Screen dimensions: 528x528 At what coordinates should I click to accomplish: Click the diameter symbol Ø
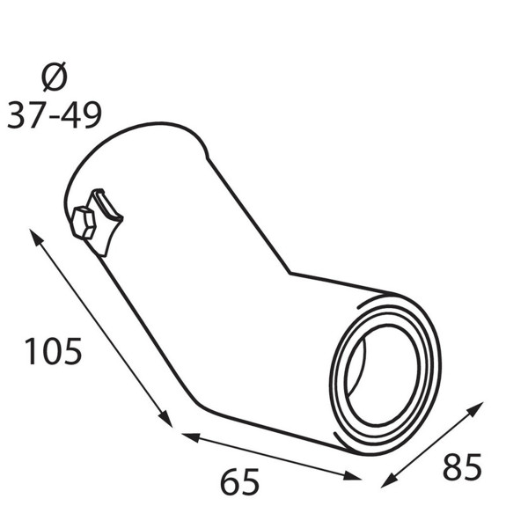point(55,77)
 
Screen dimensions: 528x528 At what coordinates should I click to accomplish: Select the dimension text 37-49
point(55,114)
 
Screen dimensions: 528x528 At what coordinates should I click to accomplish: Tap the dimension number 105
point(53,351)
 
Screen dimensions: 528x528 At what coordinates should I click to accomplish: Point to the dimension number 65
point(239,481)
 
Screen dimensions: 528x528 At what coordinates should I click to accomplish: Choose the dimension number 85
point(462,466)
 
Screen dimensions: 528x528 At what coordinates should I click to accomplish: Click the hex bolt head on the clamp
point(84,223)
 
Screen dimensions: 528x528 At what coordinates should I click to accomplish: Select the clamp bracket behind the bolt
point(106,223)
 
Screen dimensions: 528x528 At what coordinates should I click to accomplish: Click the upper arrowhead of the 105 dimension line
point(36,238)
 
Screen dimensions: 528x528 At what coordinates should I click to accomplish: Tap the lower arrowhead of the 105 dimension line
point(165,419)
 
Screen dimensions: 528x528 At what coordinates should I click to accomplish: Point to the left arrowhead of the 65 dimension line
point(191,437)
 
